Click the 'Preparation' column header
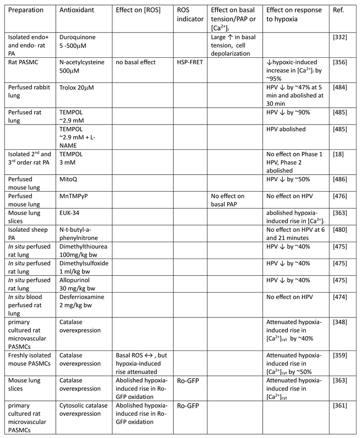coord(24,10)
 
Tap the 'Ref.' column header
coord(339,10)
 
